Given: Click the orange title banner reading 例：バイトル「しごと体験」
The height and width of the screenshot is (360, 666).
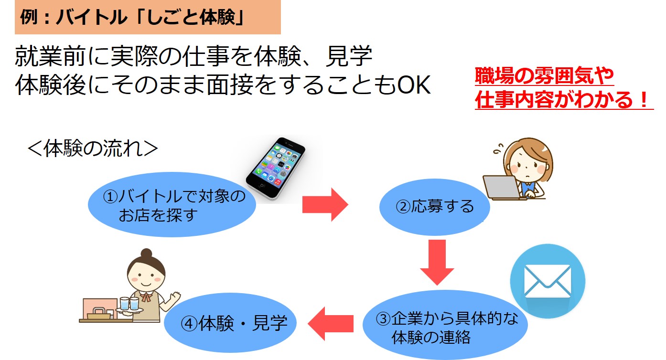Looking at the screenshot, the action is (x=148, y=17).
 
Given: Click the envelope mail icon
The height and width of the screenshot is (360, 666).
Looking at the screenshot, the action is (x=548, y=281).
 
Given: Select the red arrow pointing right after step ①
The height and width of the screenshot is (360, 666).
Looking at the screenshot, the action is (x=325, y=205).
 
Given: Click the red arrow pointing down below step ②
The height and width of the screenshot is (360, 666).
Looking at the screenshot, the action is (x=437, y=262).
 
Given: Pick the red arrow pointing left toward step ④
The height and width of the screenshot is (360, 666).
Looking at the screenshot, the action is (x=331, y=323).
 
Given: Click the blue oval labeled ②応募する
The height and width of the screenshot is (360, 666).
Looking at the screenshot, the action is (x=434, y=207).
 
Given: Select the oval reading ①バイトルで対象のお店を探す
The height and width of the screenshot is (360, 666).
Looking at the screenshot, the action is (x=172, y=205).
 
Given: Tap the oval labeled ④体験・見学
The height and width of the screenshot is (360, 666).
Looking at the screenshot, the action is (x=230, y=323).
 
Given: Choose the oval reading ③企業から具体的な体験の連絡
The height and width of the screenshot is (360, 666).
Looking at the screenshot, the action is (x=445, y=325).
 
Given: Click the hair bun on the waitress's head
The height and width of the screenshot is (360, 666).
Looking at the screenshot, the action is (x=146, y=253).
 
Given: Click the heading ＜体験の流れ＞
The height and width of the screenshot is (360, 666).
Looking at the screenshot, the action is (x=93, y=148).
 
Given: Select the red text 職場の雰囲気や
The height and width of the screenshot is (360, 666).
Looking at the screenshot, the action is (x=544, y=76).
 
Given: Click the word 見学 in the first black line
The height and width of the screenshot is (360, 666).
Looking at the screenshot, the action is (x=349, y=56).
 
